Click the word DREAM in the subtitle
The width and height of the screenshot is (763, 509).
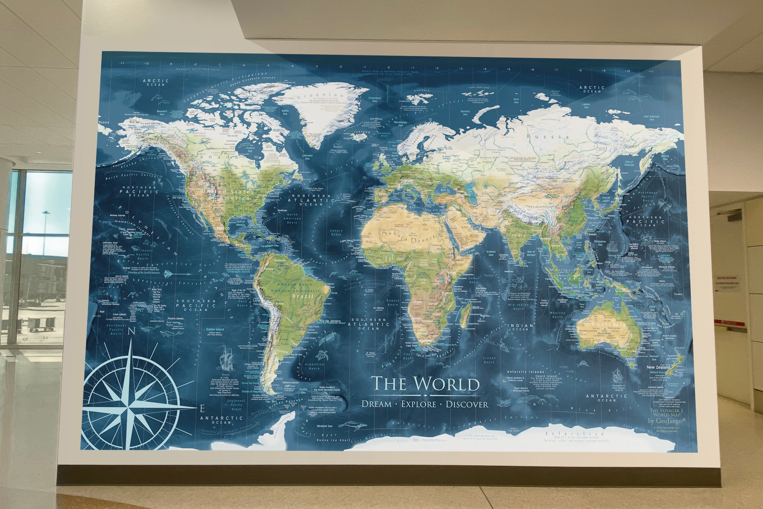click(377, 404)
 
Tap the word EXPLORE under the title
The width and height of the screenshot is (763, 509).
click(418, 404)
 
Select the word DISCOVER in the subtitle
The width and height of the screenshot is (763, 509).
click(467, 404)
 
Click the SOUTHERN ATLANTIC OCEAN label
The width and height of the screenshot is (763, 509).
click(368, 324)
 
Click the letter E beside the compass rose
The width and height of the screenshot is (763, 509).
click(202, 409)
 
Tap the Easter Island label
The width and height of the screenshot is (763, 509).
click(215, 330)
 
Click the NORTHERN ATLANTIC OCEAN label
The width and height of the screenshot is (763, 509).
click(311, 200)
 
